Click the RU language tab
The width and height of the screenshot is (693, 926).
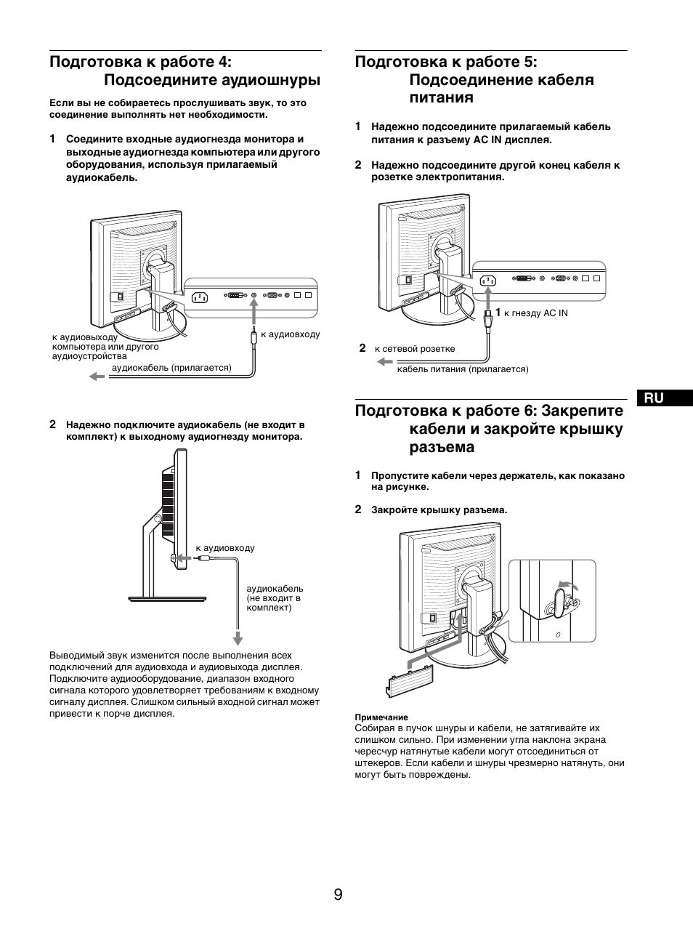point(654,398)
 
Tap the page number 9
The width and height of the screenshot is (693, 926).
point(339,895)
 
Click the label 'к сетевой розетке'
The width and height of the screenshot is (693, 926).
point(415,349)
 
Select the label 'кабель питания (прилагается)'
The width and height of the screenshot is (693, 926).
point(463,369)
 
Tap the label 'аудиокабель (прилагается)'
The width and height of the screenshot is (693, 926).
point(171,368)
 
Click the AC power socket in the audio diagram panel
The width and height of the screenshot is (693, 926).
point(200,297)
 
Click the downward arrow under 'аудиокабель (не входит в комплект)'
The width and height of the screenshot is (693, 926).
point(237,638)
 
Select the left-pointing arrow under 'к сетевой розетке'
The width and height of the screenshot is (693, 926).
point(384,361)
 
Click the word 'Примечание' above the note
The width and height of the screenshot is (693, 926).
point(381,717)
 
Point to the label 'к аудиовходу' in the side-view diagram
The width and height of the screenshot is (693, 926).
point(225,548)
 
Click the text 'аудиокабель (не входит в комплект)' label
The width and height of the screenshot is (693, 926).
point(275,597)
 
